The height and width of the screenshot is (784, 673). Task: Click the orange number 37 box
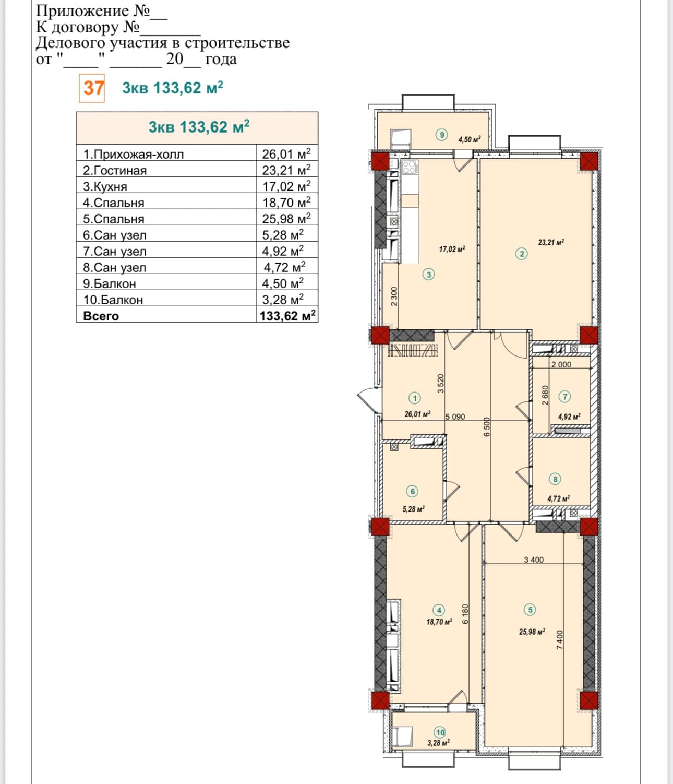tap(92, 88)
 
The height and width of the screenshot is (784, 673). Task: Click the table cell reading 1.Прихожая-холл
tap(133, 155)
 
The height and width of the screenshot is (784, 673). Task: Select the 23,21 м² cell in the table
tap(286, 170)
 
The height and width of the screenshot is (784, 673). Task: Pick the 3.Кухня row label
tap(105, 187)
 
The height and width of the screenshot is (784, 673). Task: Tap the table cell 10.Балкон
tap(113, 300)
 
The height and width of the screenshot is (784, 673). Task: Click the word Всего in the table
tap(101, 316)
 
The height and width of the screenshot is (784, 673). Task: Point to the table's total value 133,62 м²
tap(287, 316)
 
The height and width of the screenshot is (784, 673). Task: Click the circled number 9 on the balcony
tap(442, 134)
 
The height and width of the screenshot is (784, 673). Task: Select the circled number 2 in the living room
tap(522, 254)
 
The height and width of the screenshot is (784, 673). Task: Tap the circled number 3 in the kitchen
tap(429, 274)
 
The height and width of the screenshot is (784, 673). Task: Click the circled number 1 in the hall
tap(415, 398)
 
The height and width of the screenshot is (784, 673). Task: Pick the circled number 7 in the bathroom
tap(565, 397)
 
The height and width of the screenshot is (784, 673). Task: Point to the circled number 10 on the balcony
tap(440, 732)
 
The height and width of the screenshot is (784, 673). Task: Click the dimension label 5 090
tap(455, 417)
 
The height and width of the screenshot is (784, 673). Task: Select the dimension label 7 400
tap(560, 640)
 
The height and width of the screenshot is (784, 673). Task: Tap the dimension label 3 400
tap(534, 560)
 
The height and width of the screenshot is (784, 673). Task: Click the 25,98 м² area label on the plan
tap(532, 632)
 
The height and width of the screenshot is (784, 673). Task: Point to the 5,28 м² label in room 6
tap(413, 509)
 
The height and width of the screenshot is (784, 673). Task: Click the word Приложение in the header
tap(82, 10)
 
